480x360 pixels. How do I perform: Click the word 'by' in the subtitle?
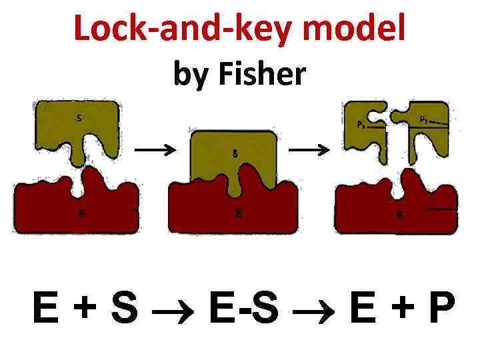pos(187,76)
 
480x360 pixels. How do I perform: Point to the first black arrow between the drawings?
pos(155,150)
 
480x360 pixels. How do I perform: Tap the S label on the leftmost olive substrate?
pos(79,119)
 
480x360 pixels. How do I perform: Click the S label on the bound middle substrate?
pos(235,153)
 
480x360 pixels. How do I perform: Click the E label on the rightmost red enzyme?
pos(399,215)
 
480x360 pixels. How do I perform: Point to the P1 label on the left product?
pos(361,124)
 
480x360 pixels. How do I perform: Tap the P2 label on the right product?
pos(424,119)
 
